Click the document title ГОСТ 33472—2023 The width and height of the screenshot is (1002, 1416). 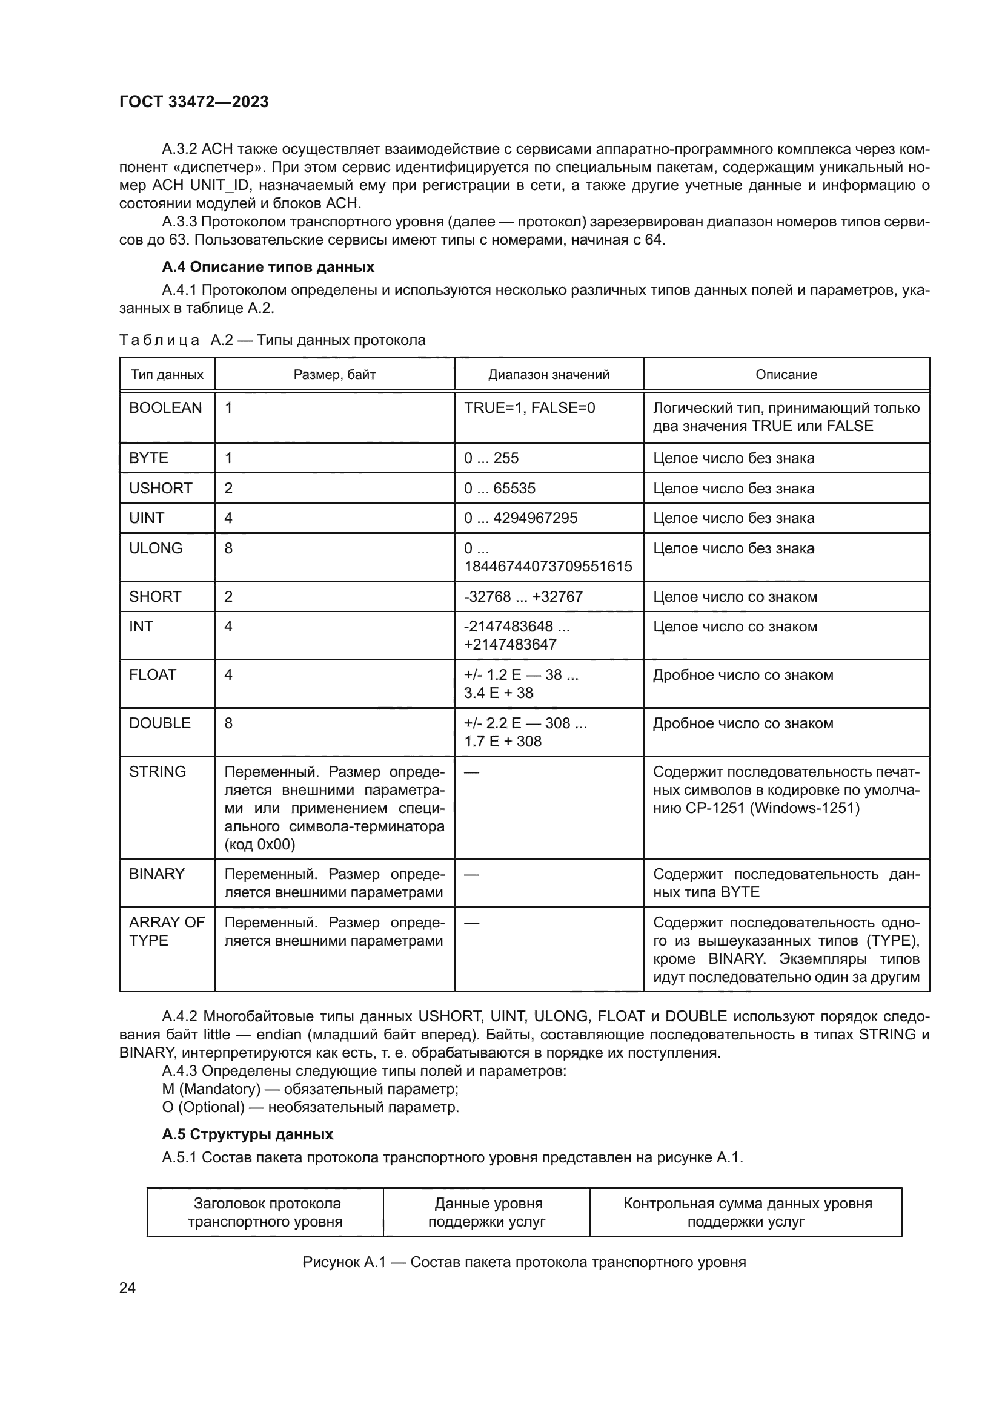(194, 102)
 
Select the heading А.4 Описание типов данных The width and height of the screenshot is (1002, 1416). (268, 267)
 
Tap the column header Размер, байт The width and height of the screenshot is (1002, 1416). (334, 374)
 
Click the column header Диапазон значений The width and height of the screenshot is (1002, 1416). (548, 374)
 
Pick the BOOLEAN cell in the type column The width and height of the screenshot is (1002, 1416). (165, 407)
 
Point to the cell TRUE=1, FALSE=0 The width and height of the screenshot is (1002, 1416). (529, 407)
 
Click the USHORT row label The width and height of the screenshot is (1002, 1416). (161, 488)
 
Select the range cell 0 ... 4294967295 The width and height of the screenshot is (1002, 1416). (521, 518)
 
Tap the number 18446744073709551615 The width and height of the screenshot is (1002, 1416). (548, 566)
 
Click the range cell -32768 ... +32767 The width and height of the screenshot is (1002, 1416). (523, 596)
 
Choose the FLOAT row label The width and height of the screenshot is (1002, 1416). (153, 674)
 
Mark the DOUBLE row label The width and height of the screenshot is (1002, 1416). (160, 723)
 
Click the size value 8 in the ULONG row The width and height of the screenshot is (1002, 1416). (228, 548)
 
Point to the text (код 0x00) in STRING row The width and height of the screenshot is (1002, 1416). (260, 845)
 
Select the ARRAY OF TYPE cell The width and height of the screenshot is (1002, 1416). (167, 931)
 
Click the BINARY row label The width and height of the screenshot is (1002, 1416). (157, 874)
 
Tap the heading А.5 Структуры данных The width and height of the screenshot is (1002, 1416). (247, 1134)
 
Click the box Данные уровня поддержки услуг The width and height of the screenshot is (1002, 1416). (487, 1213)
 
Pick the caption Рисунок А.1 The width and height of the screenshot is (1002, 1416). (524, 1262)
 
